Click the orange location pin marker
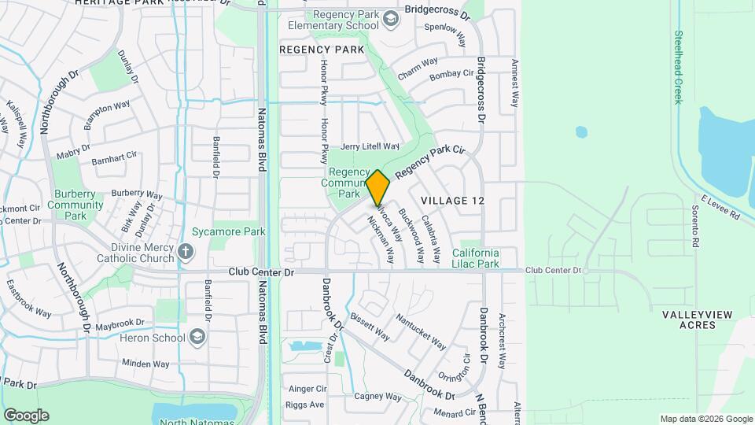pos(378,187)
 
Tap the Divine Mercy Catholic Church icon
pos(185,252)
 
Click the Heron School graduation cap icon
pos(197,338)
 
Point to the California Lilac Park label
pos(475,258)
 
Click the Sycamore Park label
pos(229,231)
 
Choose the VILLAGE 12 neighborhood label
pos(452,201)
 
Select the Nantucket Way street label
pos(421,331)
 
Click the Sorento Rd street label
pos(694,227)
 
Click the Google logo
pos(26,416)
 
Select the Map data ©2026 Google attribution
pos(705,419)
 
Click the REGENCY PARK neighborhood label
pos(322,49)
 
